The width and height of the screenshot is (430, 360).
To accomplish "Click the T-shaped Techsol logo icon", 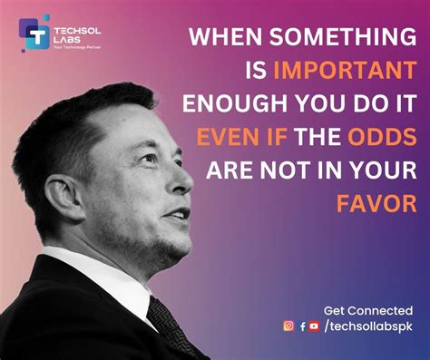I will tap(37, 34).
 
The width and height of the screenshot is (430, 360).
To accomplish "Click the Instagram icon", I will tap(288, 326).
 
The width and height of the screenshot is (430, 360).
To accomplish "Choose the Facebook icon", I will tap(302, 326).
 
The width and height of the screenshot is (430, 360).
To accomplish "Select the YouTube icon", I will tap(314, 326).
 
